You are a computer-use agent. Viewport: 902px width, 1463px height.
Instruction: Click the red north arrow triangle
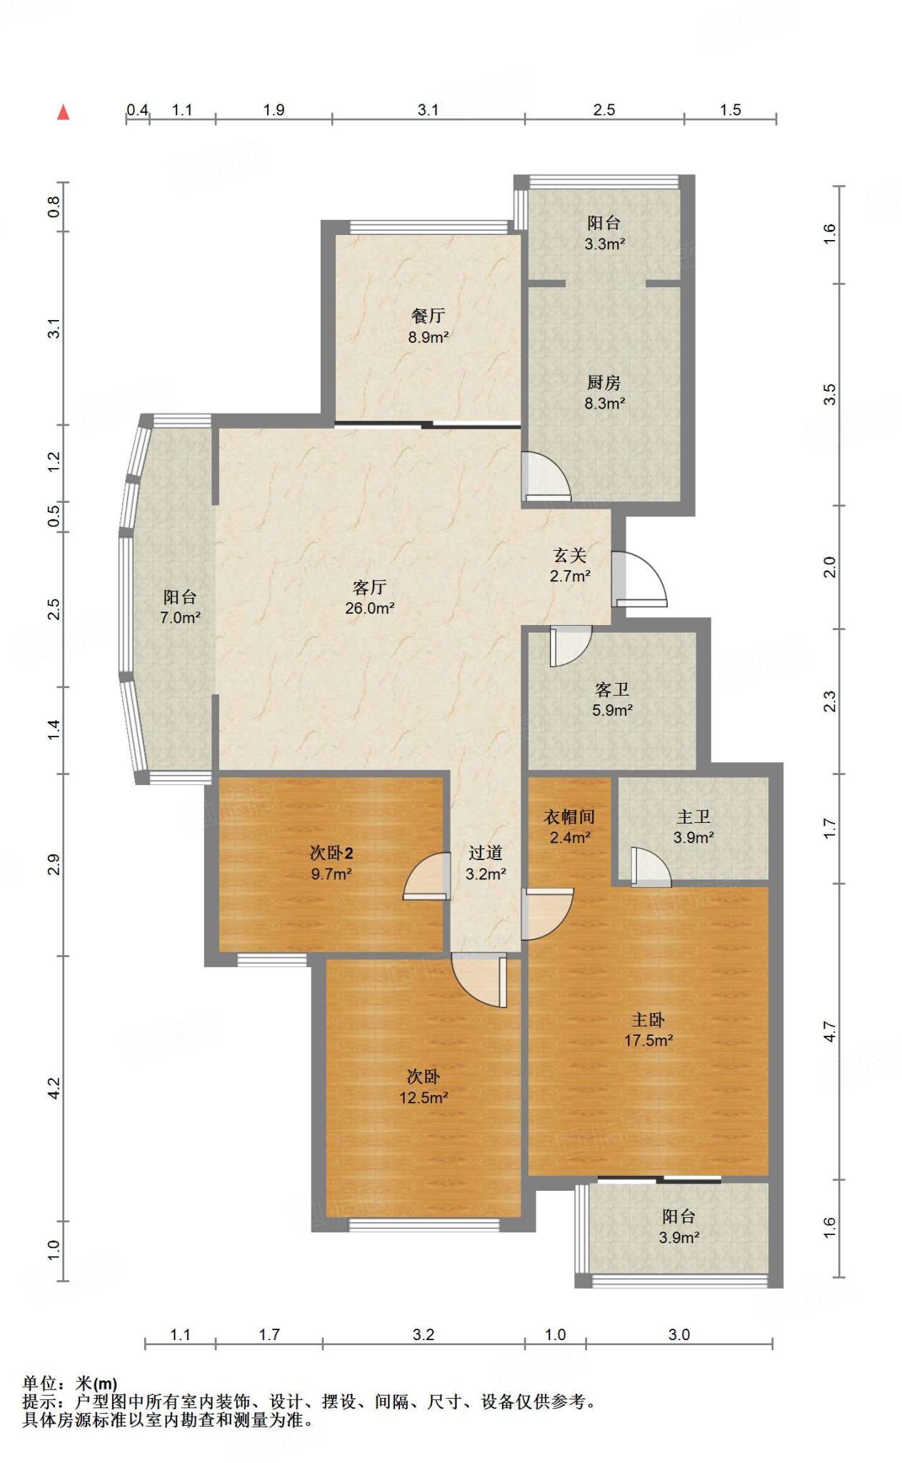click(x=64, y=112)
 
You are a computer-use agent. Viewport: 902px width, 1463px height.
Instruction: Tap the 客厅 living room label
click(x=369, y=587)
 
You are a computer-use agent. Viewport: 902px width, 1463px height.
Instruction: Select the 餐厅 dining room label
click(x=428, y=316)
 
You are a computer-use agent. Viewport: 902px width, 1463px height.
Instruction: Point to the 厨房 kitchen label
click(x=604, y=383)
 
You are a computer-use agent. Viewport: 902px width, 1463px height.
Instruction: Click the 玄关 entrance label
click(x=570, y=555)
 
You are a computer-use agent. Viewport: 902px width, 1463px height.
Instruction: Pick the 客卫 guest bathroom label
click(x=612, y=689)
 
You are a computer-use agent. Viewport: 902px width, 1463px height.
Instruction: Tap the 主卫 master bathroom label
click(x=693, y=817)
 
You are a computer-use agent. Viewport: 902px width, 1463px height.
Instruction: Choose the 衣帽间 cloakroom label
click(x=569, y=817)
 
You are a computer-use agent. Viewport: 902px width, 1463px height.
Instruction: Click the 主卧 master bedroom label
click(x=648, y=1019)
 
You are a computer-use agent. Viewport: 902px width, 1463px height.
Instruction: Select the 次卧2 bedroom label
click(x=331, y=853)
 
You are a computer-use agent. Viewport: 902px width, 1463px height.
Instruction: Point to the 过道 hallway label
click(x=486, y=853)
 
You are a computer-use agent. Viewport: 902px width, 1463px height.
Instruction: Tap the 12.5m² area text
click(x=424, y=1098)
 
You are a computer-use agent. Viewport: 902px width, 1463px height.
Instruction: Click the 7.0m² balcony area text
click(x=180, y=618)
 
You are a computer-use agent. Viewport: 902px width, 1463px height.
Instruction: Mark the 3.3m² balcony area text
click(x=605, y=244)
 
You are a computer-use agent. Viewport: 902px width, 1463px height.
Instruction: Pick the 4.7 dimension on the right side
click(x=829, y=1032)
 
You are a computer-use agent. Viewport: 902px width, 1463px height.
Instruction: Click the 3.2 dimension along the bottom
click(x=424, y=1334)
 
